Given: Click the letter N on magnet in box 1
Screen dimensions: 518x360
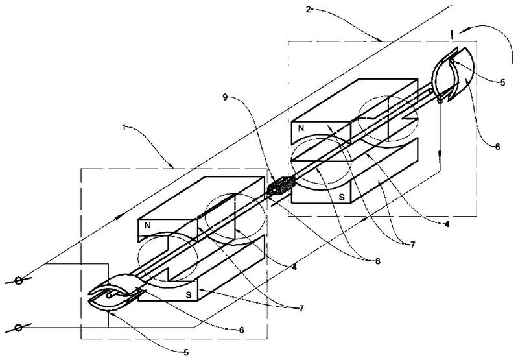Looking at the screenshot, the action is pyautogui.click(x=148, y=226).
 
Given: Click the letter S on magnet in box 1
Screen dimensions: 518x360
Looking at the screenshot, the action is pyautogui.click(x=188, y=295).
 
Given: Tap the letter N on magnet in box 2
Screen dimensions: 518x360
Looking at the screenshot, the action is pyautogui.click(x=301, y=128).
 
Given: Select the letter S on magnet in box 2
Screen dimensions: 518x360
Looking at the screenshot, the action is pyautogui.click(x=342, y=197).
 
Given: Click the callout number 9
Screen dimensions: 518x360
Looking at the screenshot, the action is pyautogui.click(x=225, y=97).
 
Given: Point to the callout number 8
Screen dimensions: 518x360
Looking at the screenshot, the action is pyautogui.click(x=377, y=261).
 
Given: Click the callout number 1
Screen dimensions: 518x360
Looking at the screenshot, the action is pyautogui.click(x=124, y=127).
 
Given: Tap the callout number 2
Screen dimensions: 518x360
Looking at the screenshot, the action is pyautogui.click(x=308, y=9).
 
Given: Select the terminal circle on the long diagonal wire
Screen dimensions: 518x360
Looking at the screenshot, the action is pyautogui.click(x=19, y=281).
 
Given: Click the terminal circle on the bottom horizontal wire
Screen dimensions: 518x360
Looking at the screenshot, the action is pyautogui.click(x=19, y=328).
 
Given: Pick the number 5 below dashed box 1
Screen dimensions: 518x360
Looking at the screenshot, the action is pyautogui.click(x=186, y=353).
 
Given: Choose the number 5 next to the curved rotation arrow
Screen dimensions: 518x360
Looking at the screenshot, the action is pyautogui.click(x=502, y=82).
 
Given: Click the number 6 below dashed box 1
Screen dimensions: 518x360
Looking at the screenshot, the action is pyautogui.click(x=241, y=330).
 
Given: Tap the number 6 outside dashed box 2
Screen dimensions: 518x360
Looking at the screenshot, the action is pyautogui.click(x=497, y=146).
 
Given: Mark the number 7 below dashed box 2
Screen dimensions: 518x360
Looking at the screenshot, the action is pyautogui.click(x=412, y=245).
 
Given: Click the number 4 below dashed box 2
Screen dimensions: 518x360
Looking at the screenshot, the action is pyautogui.click(x=447, y=224).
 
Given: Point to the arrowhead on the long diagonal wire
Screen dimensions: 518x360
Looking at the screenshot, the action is pyautogui.click(x=119, y=217).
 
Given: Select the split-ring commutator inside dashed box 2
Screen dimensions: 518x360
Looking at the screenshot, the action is pyautogui.click(x=453, y=74).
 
